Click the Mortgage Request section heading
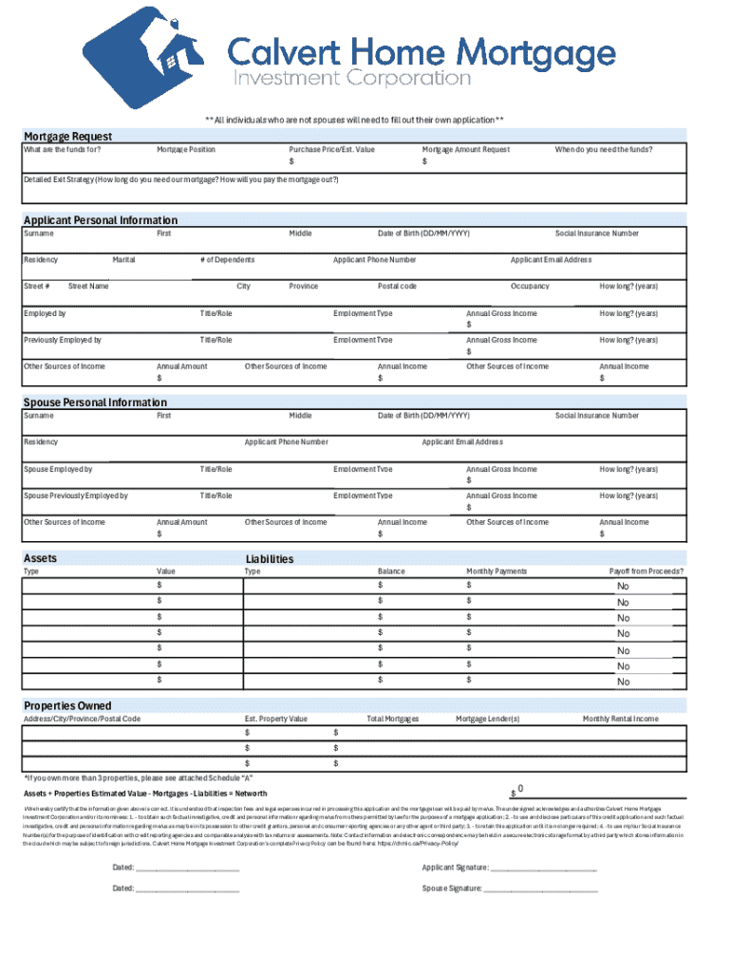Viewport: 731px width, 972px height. [67, 137]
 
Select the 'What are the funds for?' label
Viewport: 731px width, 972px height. [63, 150]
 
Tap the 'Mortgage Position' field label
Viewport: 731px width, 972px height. [186, 150]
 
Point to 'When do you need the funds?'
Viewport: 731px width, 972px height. [604, 150]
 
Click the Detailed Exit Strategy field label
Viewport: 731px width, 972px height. [180, 179]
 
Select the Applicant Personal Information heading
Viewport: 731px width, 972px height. [100, 220]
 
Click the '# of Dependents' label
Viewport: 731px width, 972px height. [227, 260]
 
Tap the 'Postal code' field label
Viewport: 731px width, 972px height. [397, 287]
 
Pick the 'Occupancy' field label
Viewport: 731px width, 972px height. [530, 287]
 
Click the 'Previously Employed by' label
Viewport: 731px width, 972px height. [63, 340]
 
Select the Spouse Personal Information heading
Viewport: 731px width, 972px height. [95, 402]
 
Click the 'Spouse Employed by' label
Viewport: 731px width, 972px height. [58, 469]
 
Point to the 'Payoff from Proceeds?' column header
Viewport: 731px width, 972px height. [647, 571]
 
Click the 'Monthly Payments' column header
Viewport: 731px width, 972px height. [497, 571]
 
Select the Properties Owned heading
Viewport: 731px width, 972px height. [67, 706]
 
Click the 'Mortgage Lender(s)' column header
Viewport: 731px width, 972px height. [488, 720]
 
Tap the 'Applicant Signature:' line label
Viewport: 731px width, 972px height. [456, 868]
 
